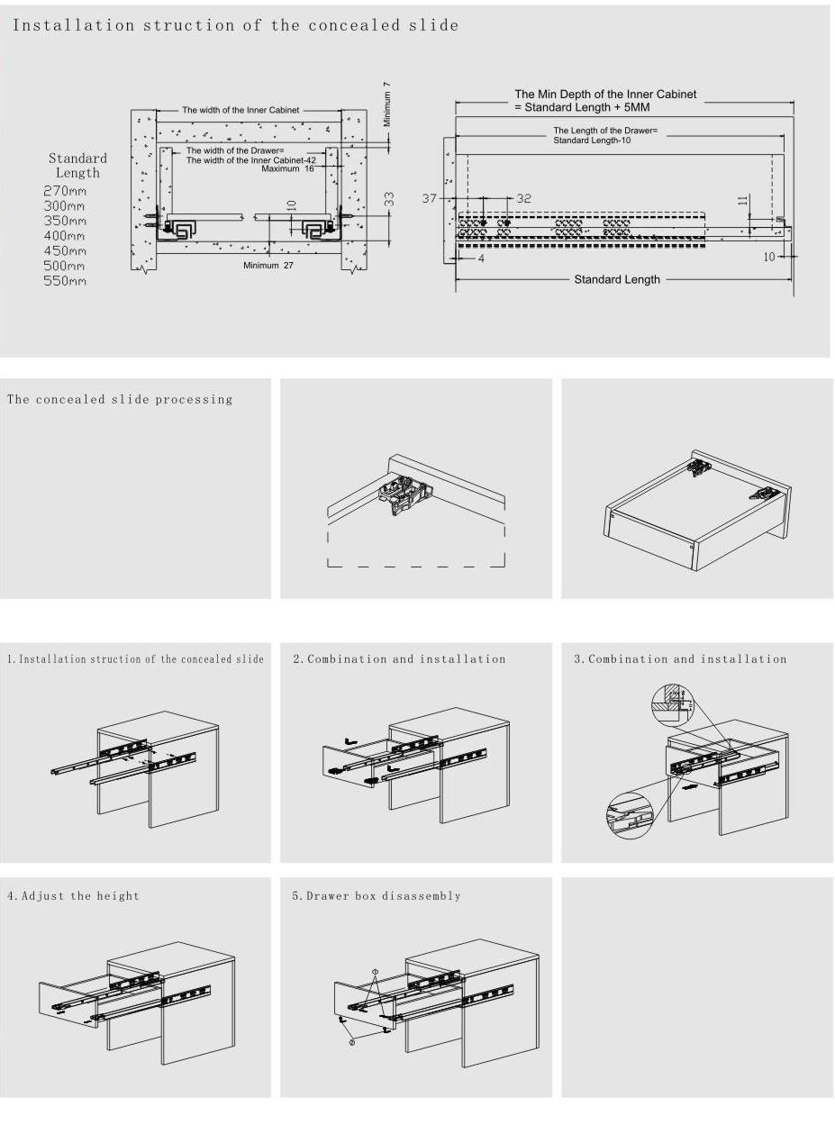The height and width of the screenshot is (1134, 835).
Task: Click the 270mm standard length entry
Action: tap(65, 191)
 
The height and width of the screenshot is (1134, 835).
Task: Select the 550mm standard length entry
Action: tap(65, 281)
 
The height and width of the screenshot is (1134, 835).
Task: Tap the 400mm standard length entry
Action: tap(65, 236)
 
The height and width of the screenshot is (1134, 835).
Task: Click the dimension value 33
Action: tap(389, 199)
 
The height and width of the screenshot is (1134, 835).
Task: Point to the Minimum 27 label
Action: tap(268, 266)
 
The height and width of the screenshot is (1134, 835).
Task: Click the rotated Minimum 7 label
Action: tap(387, 104)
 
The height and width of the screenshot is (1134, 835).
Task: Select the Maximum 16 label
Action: tap(287, 168)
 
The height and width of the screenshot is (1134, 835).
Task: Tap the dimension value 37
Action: tap(429, 198)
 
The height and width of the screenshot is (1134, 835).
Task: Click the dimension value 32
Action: tap(523, 198)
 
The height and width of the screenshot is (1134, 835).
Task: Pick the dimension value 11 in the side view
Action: tap(743, 200)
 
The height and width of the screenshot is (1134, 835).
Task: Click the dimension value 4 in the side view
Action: tap(481, 259)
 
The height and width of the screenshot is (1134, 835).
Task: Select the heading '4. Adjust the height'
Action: tap(73, 896)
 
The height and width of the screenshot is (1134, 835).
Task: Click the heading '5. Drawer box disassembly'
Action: tap(377, 896)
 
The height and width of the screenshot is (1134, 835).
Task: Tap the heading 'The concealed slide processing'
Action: tap(120, 399)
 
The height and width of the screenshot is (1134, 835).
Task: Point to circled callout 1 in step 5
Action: tap(376, 973)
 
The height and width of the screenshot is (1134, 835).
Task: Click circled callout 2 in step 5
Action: tap(352, 1041)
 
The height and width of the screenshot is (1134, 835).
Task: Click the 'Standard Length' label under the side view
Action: tap(617, 279)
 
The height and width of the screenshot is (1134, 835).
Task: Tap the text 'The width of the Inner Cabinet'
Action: tap(241, 110)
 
